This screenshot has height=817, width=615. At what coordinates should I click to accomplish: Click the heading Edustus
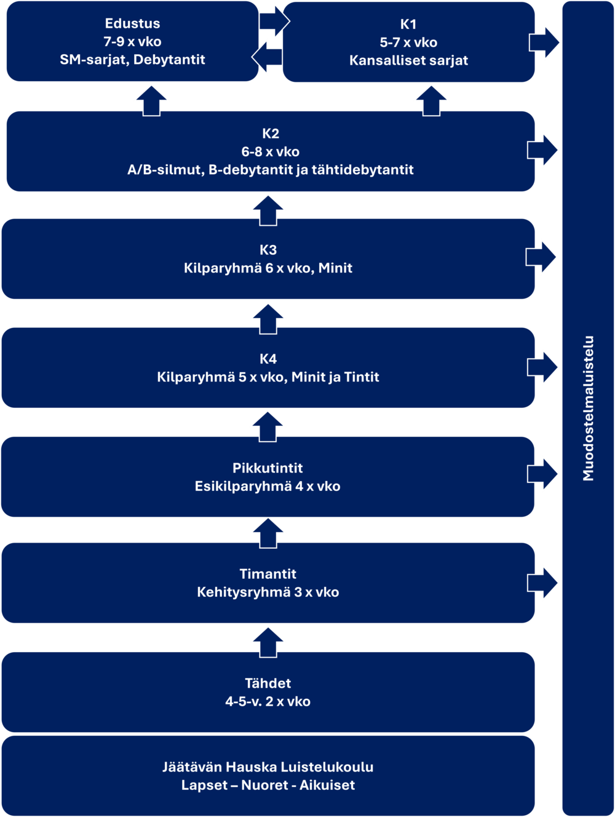point(132,23)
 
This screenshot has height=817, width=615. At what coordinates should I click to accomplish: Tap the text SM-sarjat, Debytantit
point(132,60)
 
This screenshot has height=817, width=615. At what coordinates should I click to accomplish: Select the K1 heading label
point(408,24)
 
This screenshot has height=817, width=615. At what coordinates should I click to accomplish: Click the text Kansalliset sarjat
point(408,60)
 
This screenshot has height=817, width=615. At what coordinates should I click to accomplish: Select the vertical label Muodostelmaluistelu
point(589,408)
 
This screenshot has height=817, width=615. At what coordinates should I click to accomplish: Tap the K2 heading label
point(270,134)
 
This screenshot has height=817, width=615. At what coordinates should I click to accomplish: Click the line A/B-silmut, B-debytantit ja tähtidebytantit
point(270,170)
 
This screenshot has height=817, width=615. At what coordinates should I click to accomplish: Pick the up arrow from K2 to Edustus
point(151,99)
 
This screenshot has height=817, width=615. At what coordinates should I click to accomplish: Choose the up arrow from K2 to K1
point(432,99)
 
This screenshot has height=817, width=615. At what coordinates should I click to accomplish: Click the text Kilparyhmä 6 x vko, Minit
point(268,268)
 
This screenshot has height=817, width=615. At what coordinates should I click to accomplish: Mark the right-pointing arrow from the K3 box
point(542,257)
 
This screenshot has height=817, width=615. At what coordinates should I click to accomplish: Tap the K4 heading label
point(268,359)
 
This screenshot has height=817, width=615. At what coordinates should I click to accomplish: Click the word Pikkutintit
point(268,468)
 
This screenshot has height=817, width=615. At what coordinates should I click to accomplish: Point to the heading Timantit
point(268,574)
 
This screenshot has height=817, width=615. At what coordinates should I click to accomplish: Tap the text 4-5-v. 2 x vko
point(268,701)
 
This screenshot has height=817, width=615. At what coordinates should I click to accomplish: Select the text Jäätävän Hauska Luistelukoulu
point(268,767)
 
